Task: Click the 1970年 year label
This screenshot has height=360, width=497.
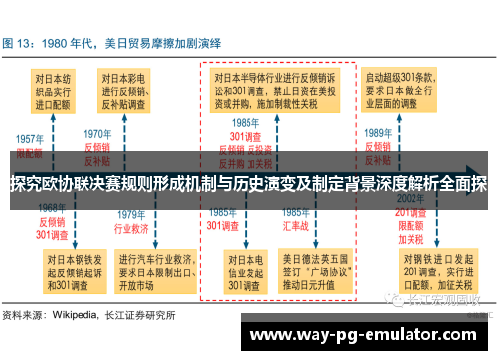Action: (97, 133)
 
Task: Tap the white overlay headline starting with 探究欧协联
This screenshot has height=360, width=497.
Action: (248, 183)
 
